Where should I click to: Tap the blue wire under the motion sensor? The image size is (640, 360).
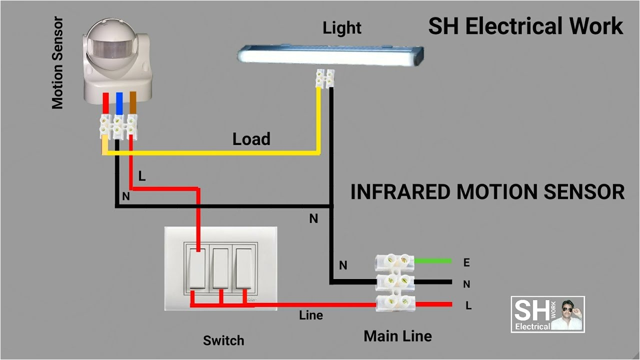pos(119,103)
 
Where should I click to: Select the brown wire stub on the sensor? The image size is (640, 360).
pos(132,103)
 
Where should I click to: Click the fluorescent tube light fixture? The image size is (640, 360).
pos(330,55)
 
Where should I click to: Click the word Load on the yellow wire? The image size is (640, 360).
pos(251,139)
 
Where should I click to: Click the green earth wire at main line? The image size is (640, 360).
pos(432,260)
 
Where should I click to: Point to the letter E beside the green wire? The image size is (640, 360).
pos(466,262)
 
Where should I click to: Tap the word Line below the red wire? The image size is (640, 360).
pos(311,315)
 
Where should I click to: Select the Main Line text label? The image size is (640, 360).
pos(397,336)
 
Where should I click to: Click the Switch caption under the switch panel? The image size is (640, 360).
pos(223,341)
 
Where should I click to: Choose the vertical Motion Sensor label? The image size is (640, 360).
pos(58,63)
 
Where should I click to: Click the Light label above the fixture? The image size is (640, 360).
pos(342,28)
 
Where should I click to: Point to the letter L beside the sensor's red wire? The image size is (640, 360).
pos(142,176)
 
